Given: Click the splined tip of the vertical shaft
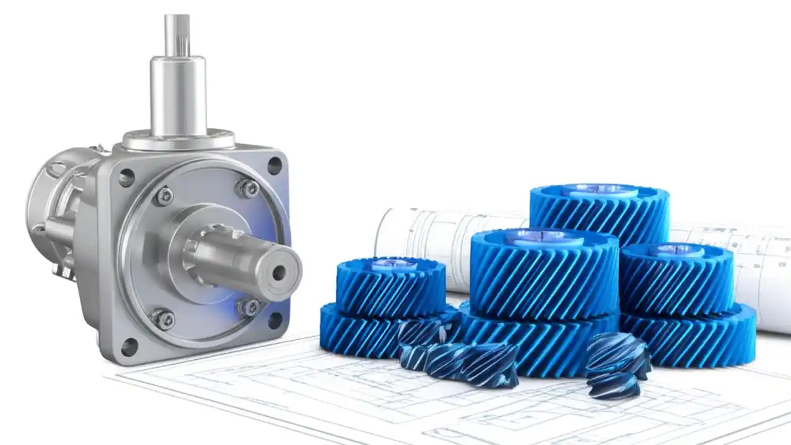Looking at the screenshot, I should [x=177, y=35].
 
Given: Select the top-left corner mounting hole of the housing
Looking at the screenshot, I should [x=126, y=178].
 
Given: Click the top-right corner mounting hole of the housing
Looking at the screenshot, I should [x=274, y=165].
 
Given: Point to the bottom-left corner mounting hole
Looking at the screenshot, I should [x=129, y=347].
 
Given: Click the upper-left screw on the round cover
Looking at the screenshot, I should [x=164, y=196].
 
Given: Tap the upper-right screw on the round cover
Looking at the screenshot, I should [x=248, y=188].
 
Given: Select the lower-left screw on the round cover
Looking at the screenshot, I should [x=163, y=319].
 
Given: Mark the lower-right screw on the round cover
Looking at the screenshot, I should [x=249, y=307].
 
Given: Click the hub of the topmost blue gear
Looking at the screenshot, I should [x=599, y=191].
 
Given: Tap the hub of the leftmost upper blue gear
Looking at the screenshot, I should [x=392, y=265].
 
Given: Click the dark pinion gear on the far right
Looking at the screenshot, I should [x=617, y=365].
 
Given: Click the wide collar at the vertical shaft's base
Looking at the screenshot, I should [x=178, y=140].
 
